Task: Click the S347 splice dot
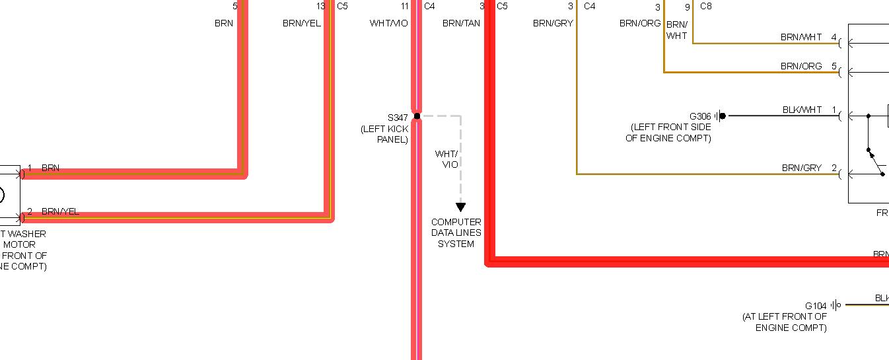[417, 116]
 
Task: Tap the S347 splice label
[398, 117]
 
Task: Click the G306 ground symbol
[720, 116]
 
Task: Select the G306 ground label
[700, 116]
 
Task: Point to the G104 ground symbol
[836, 305]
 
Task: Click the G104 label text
[816, 306]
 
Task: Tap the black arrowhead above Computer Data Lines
[460, 207]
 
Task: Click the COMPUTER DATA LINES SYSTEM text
[456, 233]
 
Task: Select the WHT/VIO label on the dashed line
[446, 159]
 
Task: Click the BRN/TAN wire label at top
[461, 23]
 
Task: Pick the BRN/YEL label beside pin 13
[302, 23]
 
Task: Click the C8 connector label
[705, 7]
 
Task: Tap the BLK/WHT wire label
[802, 110]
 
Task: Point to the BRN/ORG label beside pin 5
[801, 66]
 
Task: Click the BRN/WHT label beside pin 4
[801, 38]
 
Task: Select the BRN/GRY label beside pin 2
[801, 168]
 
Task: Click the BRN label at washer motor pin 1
[50, 168]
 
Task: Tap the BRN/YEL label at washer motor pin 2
[60, 211]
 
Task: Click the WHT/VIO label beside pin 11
[388, 23]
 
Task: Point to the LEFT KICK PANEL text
[385, 134]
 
